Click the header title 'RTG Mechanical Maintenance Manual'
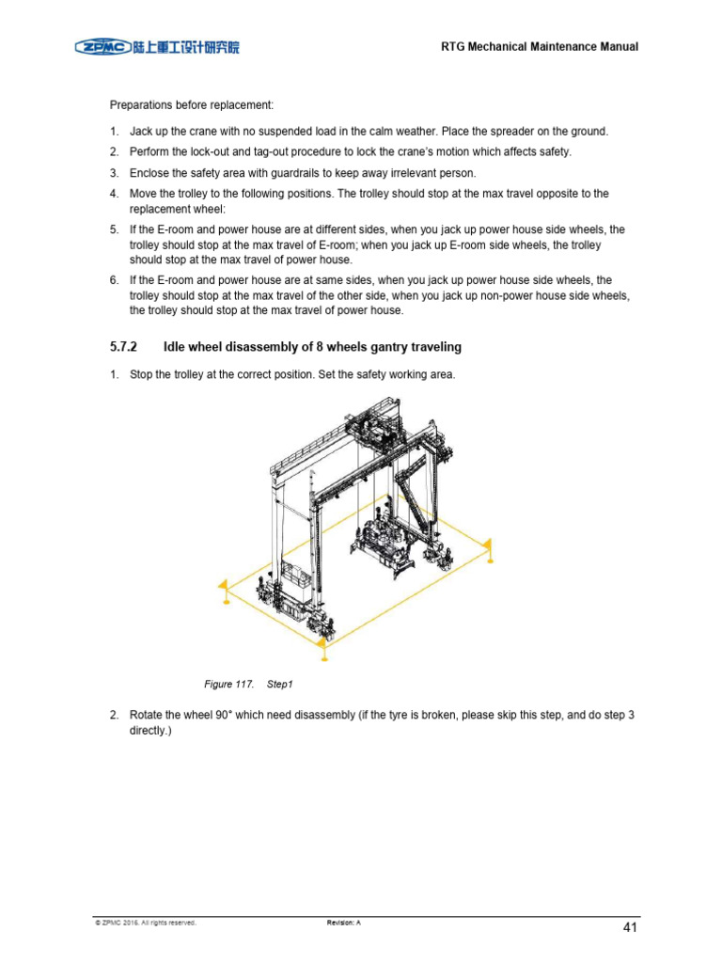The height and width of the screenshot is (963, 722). pyautogui.click(x=540, y=47)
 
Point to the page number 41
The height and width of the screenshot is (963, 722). pyautogui.click(x=631, y=927)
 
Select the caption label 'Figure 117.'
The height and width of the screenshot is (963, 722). pyautogui.click(x=228, y=683)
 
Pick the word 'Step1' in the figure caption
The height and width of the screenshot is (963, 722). pyautogui.click(x=281, y=683)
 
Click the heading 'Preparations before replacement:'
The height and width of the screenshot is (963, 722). pyautogui.click(x=192, y=104)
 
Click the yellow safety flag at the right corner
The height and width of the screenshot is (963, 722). pyautogui.click(x=486, y=547)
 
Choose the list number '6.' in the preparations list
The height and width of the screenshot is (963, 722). pyautogui.click(x=114, y=280)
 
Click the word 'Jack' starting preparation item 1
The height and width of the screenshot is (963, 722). pyautogui.click(x=142, y=132)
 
